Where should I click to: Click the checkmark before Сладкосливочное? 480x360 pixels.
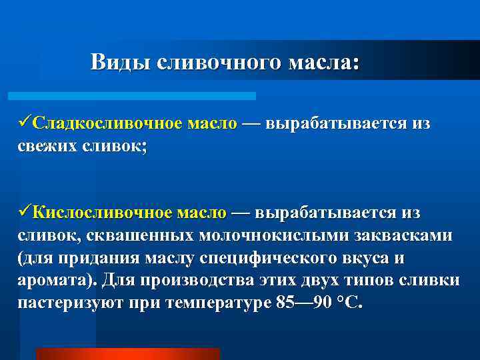(x=24, y=124)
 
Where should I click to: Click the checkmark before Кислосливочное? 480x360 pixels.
(x=24, y=213)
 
